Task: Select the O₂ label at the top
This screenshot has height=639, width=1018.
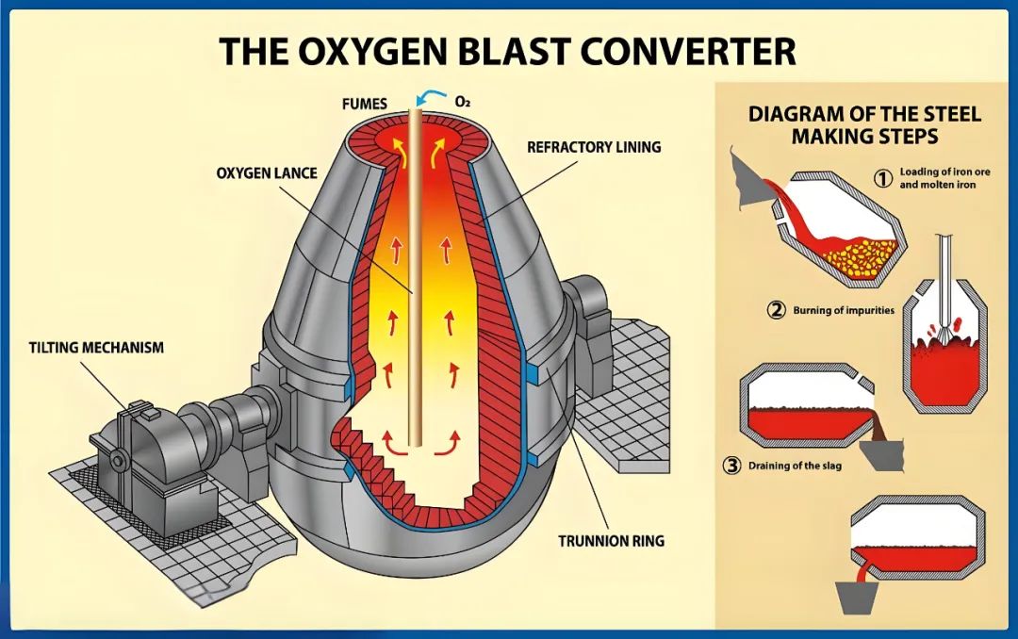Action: (x=463, y=101)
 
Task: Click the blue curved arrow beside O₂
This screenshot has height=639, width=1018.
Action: (x=435, y=97)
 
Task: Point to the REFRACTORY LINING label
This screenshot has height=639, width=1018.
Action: (x=593, y=147)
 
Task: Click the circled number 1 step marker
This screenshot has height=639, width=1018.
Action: (x=883, y=178)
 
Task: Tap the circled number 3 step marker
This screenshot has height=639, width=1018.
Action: (x=731, y=465)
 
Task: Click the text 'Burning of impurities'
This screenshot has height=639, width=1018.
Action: (x=844, y=310)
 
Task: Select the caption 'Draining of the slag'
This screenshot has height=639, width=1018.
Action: (x=795, y=466)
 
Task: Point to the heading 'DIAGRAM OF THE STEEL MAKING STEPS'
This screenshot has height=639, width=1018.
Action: (x=864, y=124)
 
